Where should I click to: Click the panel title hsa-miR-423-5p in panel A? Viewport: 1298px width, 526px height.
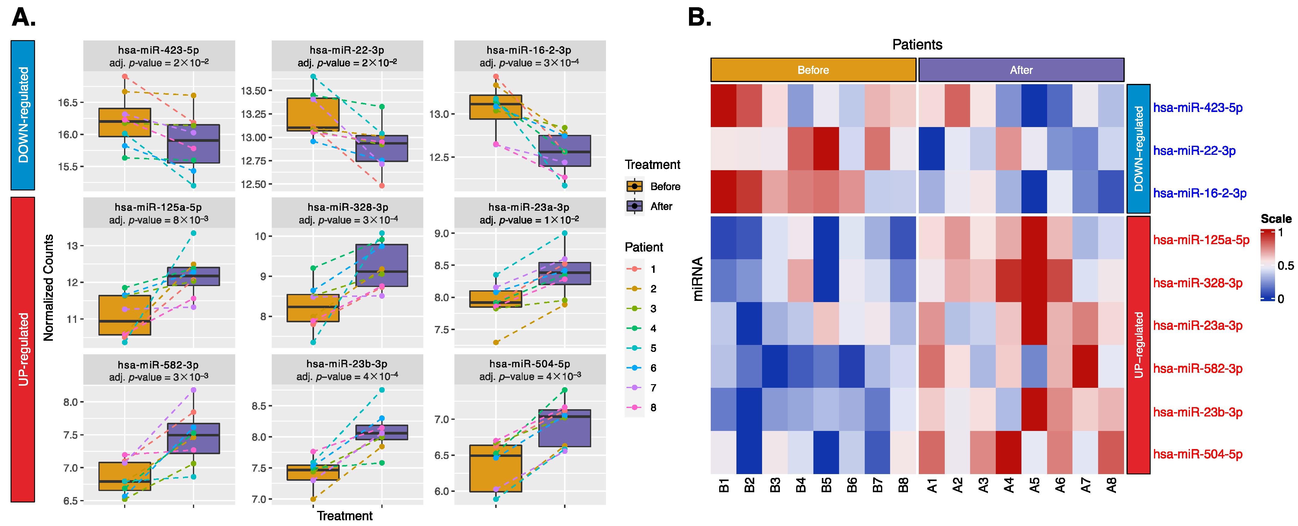(158, 50)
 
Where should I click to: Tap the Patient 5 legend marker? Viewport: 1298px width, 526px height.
(635, 348)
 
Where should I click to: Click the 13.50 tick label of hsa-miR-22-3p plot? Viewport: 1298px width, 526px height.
(253, 91)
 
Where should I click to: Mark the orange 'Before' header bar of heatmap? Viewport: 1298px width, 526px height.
(813, 70)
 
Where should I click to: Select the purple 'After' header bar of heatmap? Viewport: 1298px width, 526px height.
(1021, 70)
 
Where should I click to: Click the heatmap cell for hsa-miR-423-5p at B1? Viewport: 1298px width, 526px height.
(723, 106)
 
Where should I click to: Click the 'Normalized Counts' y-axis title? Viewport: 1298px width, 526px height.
(48, 288)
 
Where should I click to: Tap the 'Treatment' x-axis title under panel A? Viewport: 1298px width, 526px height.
(345, 516)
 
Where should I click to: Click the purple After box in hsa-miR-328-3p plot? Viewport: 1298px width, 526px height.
(381, 266)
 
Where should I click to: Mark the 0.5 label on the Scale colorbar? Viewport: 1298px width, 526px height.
(1285, 266)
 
